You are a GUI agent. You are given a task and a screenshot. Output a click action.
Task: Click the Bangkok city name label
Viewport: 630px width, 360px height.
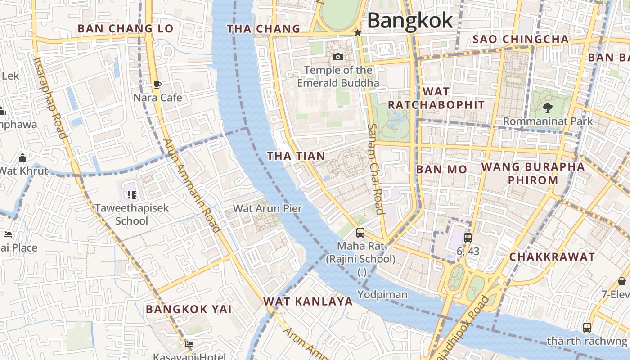pos(410,21)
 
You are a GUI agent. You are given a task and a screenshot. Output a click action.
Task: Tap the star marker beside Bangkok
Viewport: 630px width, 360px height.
pos(358,33)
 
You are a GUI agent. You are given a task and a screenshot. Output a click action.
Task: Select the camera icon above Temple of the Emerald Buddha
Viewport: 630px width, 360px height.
pos(337,57)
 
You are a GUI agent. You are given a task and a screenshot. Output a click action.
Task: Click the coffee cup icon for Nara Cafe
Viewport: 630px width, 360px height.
pos(157,85)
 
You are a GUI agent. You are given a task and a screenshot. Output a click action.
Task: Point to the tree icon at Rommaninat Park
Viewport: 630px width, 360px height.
pos(548,108)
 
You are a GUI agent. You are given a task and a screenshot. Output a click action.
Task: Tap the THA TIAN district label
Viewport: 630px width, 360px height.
pos(296,156)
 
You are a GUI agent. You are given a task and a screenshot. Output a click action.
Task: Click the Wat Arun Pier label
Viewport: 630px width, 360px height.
pos(267,208)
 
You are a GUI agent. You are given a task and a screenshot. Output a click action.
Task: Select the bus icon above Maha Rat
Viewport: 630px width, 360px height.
pos(360,233)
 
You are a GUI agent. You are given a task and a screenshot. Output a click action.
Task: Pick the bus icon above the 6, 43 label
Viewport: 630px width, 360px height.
pos(468,238)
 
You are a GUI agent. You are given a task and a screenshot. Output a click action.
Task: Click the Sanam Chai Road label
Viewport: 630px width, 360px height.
pos(375,169)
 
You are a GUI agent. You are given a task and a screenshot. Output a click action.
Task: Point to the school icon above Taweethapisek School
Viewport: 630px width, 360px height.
pos(131,195)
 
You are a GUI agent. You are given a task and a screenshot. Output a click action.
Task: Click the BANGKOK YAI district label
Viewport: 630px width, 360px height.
pos(189,309)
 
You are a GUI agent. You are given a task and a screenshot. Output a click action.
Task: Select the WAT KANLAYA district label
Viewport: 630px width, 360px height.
pos(308,301)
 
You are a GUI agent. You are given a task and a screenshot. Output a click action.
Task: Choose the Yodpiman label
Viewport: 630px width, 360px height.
pos(382,295)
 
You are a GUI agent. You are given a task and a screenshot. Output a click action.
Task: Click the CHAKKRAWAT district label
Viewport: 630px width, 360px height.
pos(552,257)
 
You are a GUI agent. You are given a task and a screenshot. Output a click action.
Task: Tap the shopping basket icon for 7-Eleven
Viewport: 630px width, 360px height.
pos(622,281)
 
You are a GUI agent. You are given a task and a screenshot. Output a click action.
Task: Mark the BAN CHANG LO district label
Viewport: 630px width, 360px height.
pos(125,29)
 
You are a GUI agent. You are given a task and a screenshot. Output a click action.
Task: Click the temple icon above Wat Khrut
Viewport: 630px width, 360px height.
pos(22,158)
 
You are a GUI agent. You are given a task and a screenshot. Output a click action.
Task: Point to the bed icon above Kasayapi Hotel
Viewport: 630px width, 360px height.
pos(189,345)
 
